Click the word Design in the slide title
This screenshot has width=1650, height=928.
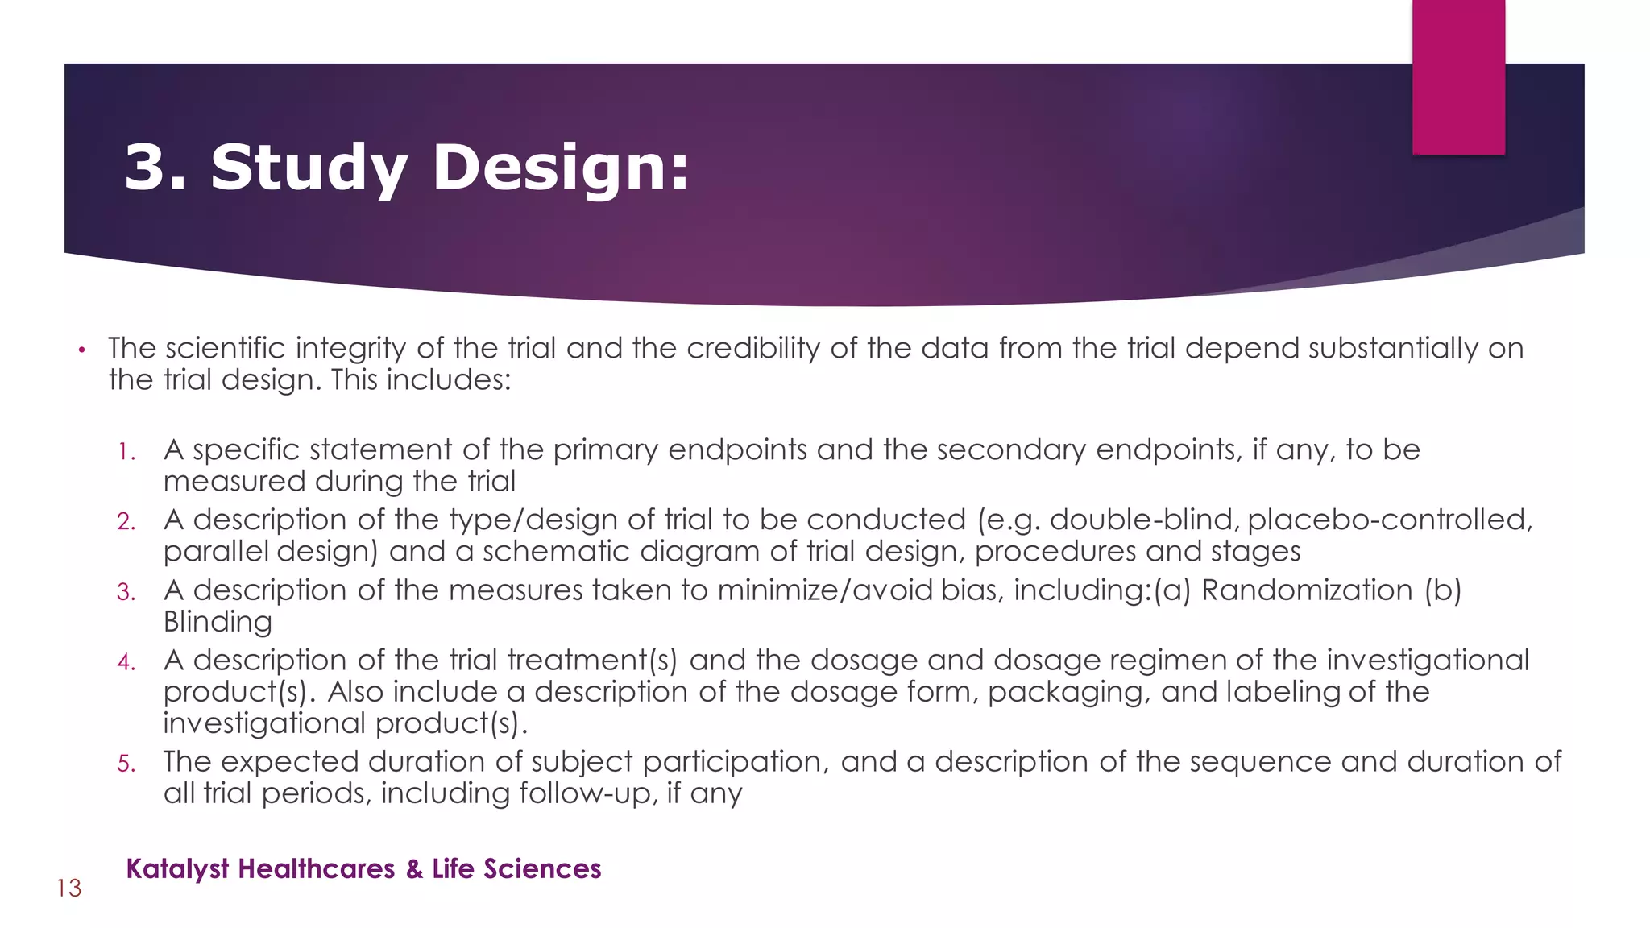(x=560, y=168)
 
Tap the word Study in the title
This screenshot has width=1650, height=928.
(x=309, y=168)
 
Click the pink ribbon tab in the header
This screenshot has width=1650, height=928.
(x=1458, y=77)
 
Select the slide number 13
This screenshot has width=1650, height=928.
(x=69, y=889)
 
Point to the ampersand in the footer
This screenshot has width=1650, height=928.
(x=414, y=869)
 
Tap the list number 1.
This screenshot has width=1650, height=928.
(x=125, y=452)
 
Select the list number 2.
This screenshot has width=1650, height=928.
(x=126, y=522)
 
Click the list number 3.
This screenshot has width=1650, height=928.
(x=126, y=592)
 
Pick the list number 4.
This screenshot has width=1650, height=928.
(x=126, y=662)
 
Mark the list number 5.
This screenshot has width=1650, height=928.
(x=126, y=764)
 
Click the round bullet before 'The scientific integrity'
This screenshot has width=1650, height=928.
(x=81, y=350)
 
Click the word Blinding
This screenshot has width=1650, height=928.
(x=218, y=622)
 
